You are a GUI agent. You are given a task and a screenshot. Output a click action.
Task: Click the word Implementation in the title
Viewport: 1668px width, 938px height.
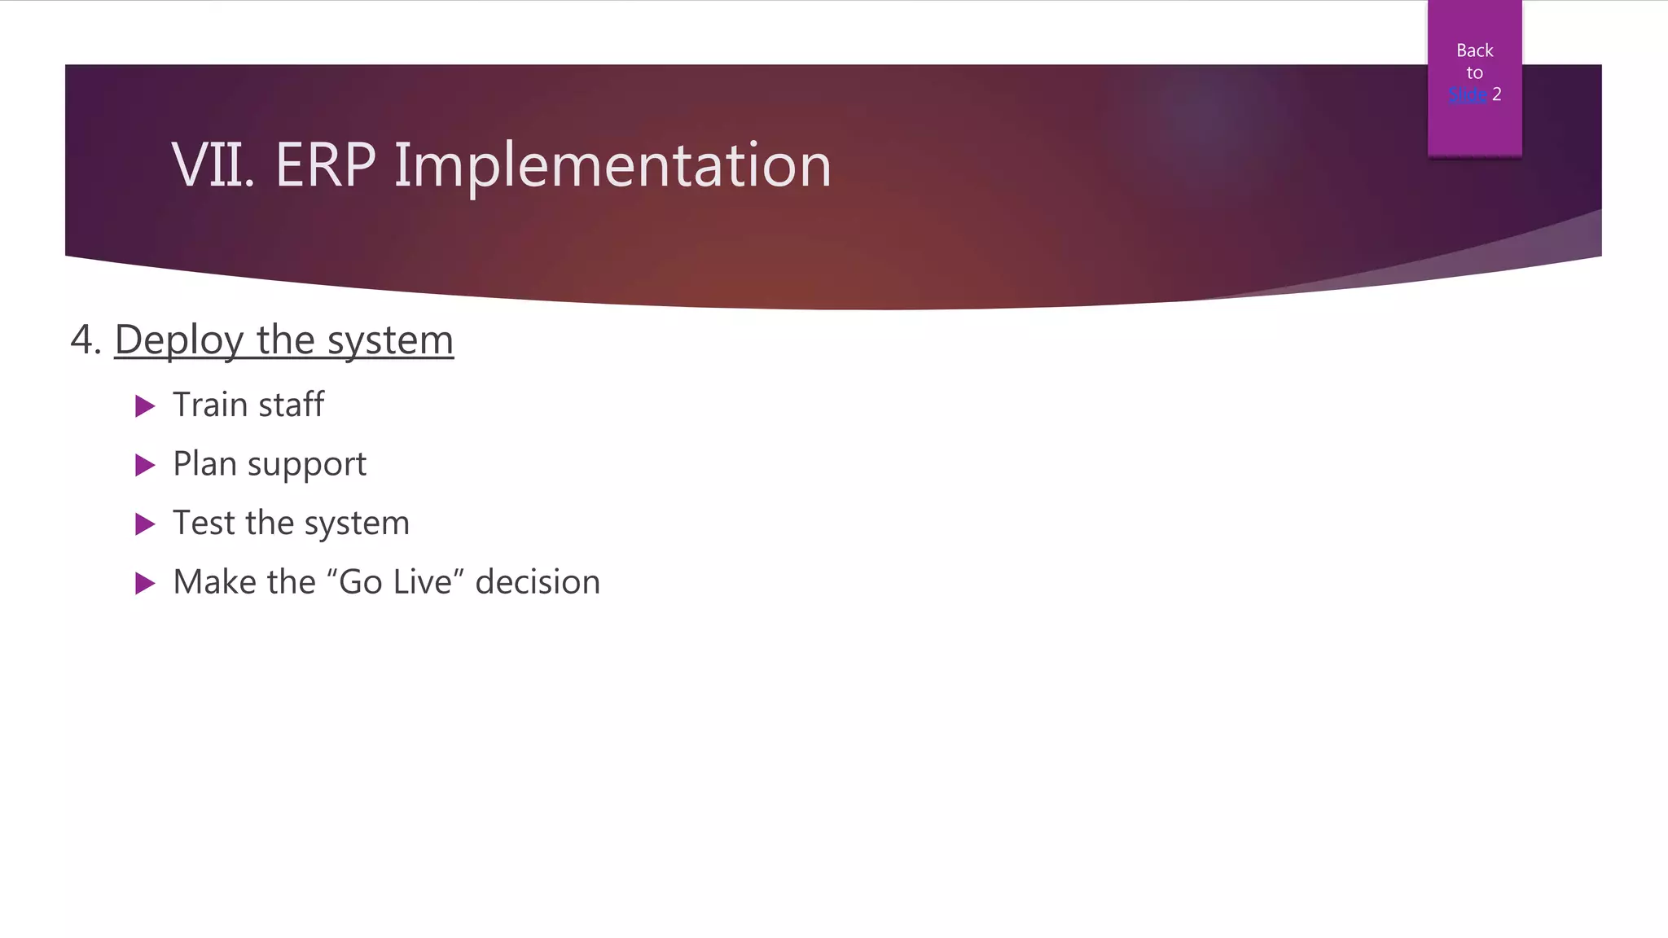pyautogui.click(x=612, y=166)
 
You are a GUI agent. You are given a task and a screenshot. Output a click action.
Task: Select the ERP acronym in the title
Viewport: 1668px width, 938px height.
pyautogui.click(x=325, y=166)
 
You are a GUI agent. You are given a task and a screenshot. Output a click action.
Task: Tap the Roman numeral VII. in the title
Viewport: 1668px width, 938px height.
pyautogui.click(x=213, y=166)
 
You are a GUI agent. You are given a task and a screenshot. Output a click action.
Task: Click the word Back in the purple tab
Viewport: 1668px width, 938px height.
pyautogui.click(x=1474, y=50)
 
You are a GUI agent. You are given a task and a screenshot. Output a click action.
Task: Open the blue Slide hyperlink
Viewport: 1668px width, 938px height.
pyautogui.click(x=1468, y=94)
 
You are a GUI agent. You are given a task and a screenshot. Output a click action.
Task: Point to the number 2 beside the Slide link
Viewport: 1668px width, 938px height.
pyautogui.click(x=1496, y=94)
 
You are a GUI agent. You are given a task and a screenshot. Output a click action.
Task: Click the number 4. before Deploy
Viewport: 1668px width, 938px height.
pyautogui.click(x=86, y=340)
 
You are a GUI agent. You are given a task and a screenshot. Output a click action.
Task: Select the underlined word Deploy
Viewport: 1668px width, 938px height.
pyautogui.click(x=178, y=340)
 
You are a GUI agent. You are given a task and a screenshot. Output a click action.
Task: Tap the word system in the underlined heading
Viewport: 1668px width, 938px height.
pyautogui.click(x=390, y=340)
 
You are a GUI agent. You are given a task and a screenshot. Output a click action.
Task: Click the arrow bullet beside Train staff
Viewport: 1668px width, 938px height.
pyautogui.click(x=145, y=405)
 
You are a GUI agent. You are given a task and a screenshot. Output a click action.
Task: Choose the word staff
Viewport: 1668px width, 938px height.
pyautogui.click(x=292, y=405)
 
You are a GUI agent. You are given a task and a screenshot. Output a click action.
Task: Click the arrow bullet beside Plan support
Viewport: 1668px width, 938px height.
pyautogui.click(x=145, y=465)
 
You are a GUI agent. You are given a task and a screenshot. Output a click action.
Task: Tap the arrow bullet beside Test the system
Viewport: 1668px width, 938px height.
pyautogui.click(x=145, y=524)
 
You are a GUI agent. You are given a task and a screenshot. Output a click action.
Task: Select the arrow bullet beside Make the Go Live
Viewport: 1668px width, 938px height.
pyautogui.click(x=145, y=583)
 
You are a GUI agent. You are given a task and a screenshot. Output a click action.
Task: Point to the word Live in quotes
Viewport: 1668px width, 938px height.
pyautogui.click(x=422, y=582)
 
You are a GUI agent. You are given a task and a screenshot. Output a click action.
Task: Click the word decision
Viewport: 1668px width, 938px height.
pyautogui.click(x=538, y=582)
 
